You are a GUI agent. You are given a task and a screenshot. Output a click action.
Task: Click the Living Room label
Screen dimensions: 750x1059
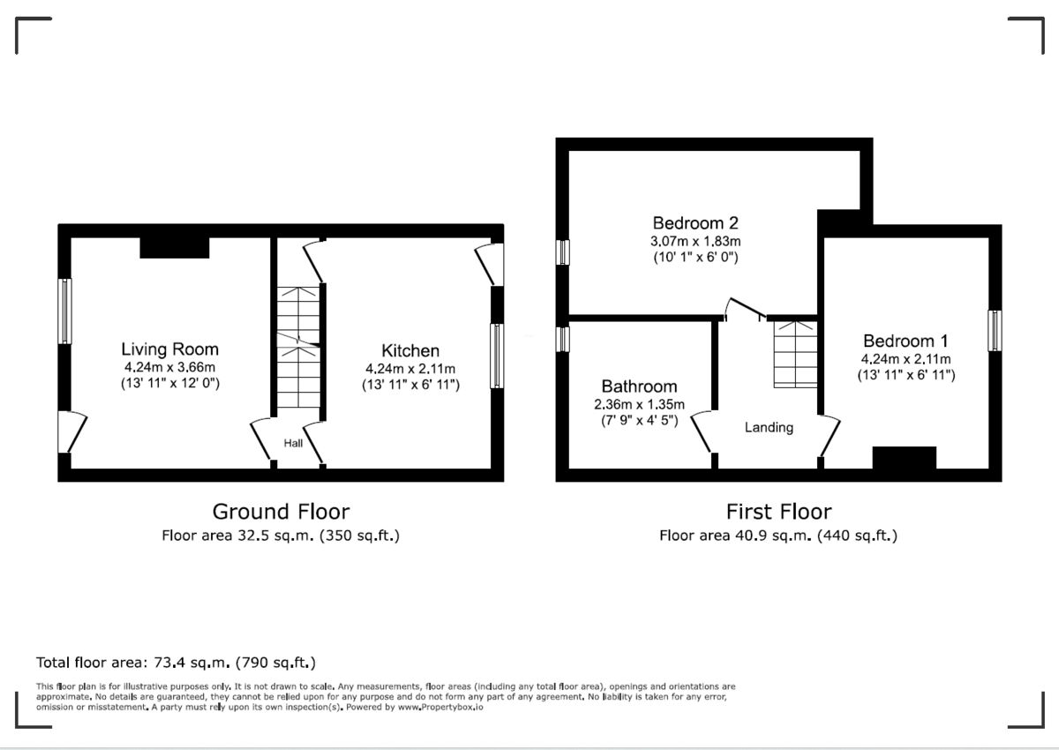pos(169,349)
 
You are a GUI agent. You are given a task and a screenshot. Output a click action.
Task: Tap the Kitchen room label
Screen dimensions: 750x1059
pos(410,350)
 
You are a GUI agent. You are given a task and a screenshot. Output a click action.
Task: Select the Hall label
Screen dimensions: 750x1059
pos(293,443)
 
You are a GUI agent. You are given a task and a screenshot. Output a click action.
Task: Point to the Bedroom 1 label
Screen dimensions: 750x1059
pos(905,341)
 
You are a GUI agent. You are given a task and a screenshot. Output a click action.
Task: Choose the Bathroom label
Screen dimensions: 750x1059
pos(639,386)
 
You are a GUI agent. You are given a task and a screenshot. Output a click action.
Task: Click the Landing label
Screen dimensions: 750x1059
pos(769,427)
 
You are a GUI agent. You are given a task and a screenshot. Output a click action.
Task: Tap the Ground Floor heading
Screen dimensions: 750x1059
pos(281,512)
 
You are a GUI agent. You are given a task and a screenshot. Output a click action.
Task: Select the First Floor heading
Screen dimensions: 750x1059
pos(778,512)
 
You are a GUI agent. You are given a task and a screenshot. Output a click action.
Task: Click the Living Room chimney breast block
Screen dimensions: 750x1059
pos(175,247)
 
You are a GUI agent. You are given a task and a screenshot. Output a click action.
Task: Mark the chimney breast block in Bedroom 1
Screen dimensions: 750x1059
pos(904,458)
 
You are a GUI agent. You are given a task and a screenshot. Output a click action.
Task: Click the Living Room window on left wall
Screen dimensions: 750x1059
pos(64,311)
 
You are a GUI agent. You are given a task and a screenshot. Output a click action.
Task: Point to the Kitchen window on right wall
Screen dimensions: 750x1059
pos(497,356)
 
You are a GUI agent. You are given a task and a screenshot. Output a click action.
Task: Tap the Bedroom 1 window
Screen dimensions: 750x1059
pos(995,331)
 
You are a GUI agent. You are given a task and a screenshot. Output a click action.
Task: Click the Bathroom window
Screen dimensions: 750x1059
pos(562,339)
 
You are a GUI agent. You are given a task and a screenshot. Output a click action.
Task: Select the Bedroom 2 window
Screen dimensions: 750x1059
pos(562,252)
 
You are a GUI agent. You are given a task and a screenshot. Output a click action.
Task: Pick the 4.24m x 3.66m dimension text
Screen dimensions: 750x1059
pos(169,367)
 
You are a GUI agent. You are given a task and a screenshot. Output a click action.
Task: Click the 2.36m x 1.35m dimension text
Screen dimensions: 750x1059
pos(639,404)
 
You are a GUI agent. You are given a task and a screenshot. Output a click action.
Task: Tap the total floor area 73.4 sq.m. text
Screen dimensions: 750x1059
pos(176,662)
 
